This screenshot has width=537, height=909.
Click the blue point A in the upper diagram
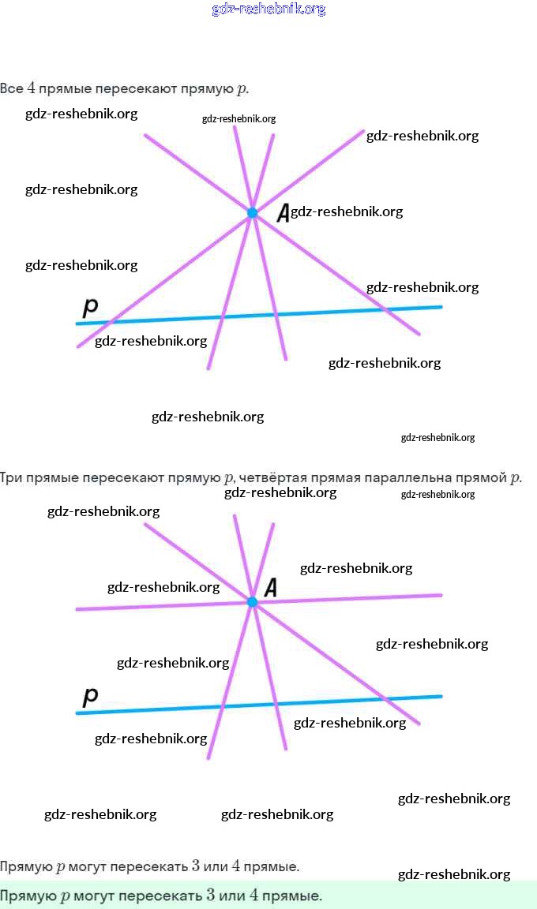tap(252, 212)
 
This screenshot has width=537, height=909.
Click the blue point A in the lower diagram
tap(252, 602)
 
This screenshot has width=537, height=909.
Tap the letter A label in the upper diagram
tap(282, 212)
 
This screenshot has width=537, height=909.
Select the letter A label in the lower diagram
tap(270, 587)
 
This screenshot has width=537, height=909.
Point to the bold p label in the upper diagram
tap(90, 306)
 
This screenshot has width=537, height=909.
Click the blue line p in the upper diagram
tap(332, 312)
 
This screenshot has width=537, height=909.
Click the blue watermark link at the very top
tap(268, 9)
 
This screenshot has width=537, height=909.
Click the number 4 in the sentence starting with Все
tap(31, 88)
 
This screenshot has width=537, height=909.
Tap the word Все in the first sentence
tap(12, 88)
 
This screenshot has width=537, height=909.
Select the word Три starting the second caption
tap(12, 477)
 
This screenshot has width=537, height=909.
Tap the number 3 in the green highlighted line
tap(211, 896)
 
